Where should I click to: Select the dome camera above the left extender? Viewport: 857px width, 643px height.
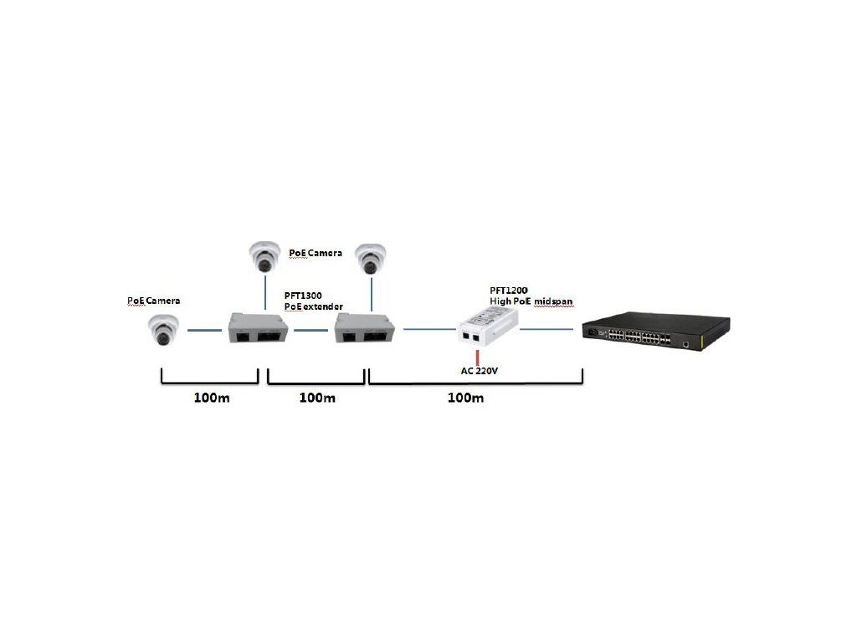[264, 256]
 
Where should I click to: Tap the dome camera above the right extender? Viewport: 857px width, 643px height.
[369, 258]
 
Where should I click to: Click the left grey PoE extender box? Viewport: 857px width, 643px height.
[259, 330]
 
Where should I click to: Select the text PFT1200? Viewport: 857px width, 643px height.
[509, 290]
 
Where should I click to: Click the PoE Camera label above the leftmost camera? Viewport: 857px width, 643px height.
[153, 300]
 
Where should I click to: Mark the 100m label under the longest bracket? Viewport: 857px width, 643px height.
[466, 398]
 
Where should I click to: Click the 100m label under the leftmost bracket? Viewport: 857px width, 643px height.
[211, 398]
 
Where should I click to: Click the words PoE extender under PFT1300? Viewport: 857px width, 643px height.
[314, 307]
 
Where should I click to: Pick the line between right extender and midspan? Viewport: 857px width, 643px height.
[428, 330]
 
